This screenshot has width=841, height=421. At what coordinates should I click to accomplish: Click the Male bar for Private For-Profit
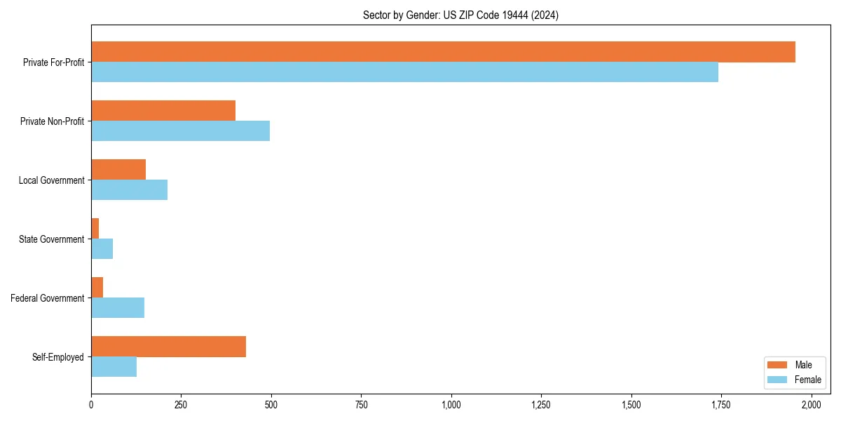point(443,52)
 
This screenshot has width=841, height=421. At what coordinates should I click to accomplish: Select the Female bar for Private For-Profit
point(404,72)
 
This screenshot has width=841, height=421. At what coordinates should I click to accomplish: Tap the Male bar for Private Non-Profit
point(163,111)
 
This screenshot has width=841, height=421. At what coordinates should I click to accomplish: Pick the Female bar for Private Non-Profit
point(180,131)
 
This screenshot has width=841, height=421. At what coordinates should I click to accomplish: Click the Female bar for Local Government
point(129,190)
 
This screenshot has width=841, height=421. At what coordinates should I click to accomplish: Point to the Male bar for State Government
point(95,229)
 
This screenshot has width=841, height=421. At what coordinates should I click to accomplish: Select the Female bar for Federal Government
point(118,308)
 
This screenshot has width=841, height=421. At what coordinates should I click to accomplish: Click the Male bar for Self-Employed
point(168,347)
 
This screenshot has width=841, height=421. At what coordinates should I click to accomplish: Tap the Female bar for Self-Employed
point(114,367)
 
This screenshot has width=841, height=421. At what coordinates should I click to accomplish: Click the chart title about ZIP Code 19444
point(460,15)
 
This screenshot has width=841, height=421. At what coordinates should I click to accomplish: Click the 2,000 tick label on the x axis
point(812,405)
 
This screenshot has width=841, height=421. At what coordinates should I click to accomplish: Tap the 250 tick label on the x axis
point(181,405)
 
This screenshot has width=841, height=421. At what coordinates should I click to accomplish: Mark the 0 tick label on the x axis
point(91,405)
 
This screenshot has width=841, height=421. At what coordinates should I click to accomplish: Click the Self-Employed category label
point(58,357)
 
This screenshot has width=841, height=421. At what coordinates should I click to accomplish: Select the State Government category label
point(52,239)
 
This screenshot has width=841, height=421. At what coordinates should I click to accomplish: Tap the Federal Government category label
point(48,298)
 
